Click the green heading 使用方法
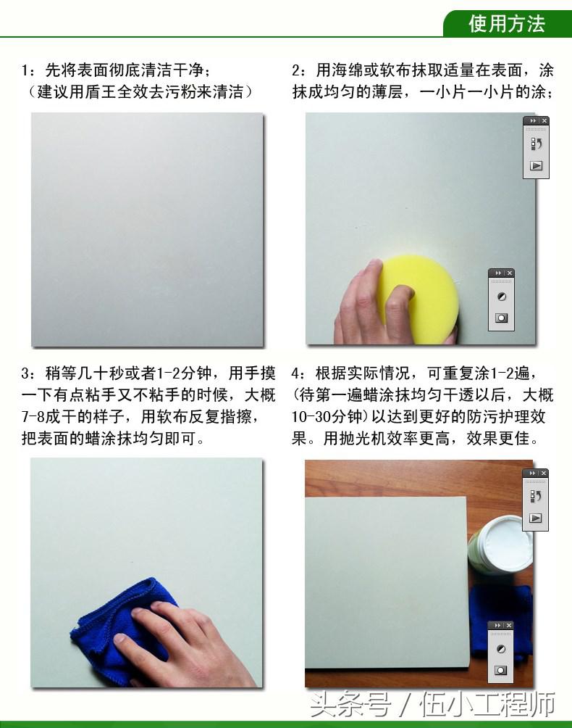click(x=506, y=23)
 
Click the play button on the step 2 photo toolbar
click(x=536, y=165)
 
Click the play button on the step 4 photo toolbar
click(x=536, y=518)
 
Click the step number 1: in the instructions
click(x=28, y=71)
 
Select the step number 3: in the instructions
click(x=28, y=374)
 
